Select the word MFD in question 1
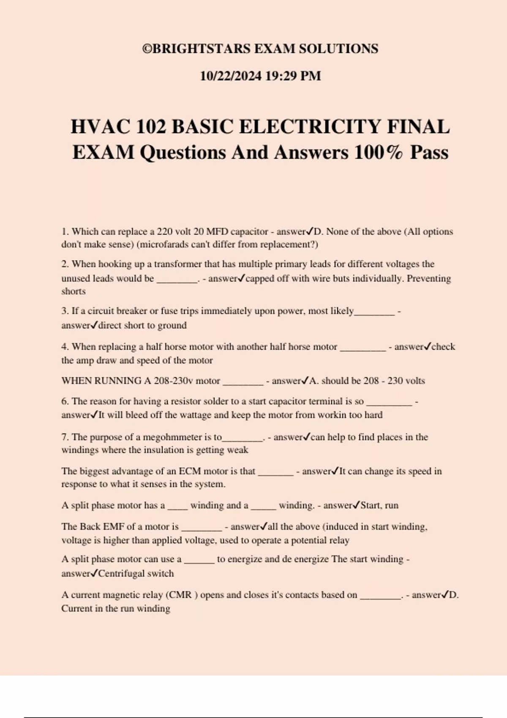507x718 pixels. pyautogui.click(x=217, y=232)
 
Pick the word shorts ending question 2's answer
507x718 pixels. pyautogui.click(x=74, y=291)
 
